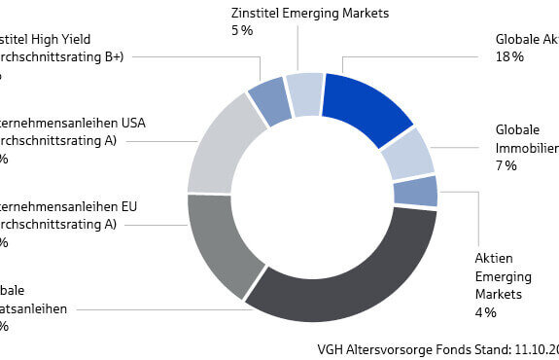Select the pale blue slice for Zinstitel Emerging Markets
click(x=305, y=93)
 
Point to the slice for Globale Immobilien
click(x=408, y=153)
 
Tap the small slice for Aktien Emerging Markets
click(x=417, y=191)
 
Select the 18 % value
click(x=509, y=57)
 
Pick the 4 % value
click(x=485, y=312)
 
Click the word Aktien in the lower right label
click(x=494, y=258)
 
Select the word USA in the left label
click(x=132, y=124)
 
